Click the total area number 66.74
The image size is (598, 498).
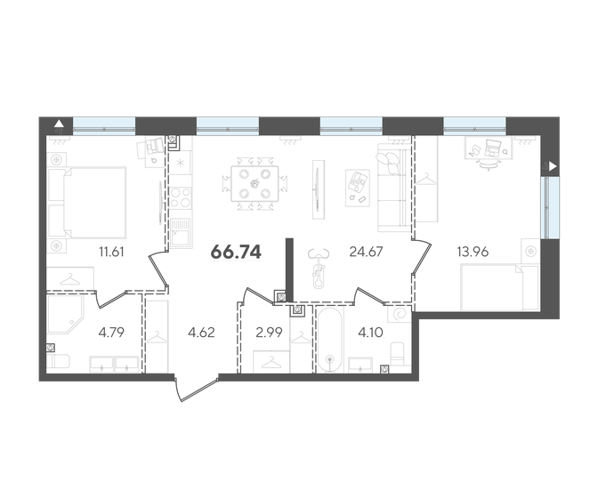click(x=236, y=252)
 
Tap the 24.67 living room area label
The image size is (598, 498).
click(x=366, y=252)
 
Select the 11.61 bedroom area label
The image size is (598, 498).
click(x=111, y=252)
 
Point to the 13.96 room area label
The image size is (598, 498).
click(x=473, y=252)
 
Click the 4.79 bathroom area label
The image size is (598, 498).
click(x=111, y=333)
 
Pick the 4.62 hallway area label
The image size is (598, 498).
click(x=201, y=333)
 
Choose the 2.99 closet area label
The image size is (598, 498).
click(x=270, y=333)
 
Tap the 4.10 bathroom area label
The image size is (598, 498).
click(x=370, y=333)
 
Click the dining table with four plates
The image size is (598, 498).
click(x=255, y=183)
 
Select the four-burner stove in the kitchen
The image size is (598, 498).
click(x=180, y=197)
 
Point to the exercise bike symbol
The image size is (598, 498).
click(x=319, y=268)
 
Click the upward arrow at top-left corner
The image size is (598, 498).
click(x=59, y=123)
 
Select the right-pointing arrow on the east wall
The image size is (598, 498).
click(x=553, y=166)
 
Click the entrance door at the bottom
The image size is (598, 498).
click(x=197, y=389)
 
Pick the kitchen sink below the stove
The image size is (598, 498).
click(x=180, y=233)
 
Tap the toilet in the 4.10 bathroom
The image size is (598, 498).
click(x=398, y=353)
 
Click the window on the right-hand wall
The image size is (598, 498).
click(x=550, y=207)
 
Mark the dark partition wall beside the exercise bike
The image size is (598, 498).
click(x=290, y=269)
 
